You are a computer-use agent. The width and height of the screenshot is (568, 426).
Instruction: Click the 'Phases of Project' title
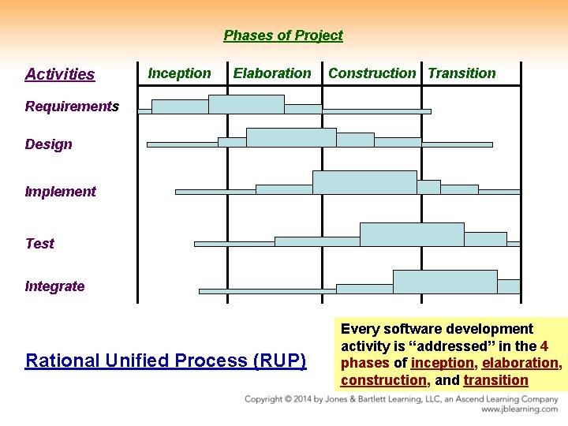click(283, 35)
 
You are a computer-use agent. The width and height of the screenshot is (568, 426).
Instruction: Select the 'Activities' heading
click(60, 74)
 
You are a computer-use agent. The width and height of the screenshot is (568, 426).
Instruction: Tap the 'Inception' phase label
click(180, 73)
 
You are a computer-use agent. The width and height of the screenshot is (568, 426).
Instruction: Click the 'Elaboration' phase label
click(272, 73)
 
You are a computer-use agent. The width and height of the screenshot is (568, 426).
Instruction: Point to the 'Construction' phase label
click(372, 73)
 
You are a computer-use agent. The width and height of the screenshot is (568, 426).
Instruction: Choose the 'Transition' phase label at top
click(461, 73)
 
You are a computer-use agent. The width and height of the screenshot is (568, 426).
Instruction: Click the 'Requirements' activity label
click(72, 106)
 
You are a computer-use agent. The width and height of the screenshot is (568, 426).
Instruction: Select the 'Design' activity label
click(48, 144)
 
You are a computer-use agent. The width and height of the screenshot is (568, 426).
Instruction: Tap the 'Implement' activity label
click(60, 192)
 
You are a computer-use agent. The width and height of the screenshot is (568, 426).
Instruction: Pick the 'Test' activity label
click(39, 244)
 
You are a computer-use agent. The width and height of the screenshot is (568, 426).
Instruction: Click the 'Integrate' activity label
click(54, 286)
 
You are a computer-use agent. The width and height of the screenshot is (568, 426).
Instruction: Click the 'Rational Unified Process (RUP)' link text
click(166, 361)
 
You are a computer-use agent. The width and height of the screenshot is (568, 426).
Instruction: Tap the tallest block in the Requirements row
click(246, 105)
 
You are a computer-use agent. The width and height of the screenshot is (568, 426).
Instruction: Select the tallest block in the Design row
click(291, 138)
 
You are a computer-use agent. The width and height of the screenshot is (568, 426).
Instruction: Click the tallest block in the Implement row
click(364, 182)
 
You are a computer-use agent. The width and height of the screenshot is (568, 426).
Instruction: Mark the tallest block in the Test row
click(412, 235)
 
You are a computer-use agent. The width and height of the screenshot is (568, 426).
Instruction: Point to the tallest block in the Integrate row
click(445, 282)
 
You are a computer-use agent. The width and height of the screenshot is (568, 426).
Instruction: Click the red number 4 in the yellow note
click(544, 346)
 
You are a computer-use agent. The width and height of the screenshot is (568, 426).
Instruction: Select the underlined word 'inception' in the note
click(442, 364)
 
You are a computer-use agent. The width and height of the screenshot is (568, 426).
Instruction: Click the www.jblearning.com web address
click(519, 409)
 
